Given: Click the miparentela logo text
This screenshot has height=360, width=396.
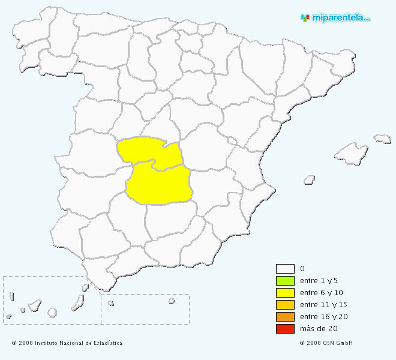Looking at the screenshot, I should coord(340,17).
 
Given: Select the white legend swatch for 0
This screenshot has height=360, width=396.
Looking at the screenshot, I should coord(284,269).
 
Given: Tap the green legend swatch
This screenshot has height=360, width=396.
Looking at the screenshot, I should coord(284,281).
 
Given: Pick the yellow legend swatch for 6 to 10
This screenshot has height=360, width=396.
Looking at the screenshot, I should coord(284,293).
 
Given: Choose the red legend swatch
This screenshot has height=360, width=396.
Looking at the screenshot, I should coord(284,329).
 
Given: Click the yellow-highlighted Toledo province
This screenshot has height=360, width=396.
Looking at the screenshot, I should coord(144,150).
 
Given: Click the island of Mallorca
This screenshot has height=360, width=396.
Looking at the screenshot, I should coord(350,154).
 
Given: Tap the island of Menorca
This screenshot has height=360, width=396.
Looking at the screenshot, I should coord(383,139).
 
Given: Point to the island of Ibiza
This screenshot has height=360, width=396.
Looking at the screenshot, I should coord(310,179).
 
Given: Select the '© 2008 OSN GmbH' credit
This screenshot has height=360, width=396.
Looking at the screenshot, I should coord(326,343).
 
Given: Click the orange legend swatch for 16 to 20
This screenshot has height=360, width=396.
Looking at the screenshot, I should coord(284,317).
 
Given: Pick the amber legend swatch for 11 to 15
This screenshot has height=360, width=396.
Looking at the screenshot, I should coord(284,305).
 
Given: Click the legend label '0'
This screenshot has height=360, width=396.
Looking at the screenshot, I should coord(302,269).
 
